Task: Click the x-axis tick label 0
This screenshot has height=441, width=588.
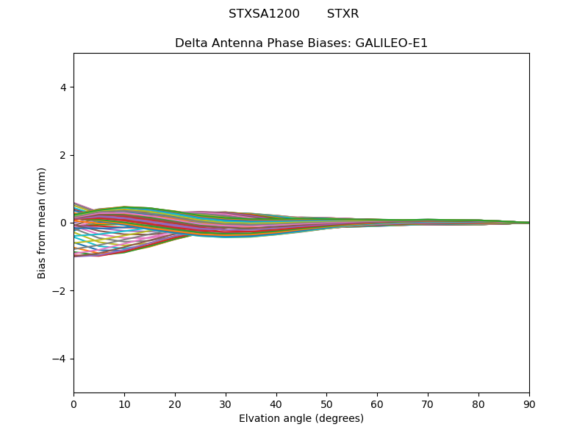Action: pos(73,404)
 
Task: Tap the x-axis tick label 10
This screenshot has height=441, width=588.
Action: pos(124,404)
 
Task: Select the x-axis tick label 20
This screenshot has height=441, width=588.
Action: pos(175,404)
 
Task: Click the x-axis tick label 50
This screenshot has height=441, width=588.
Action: pos(326,404)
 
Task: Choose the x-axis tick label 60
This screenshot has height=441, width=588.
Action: pos(377,404)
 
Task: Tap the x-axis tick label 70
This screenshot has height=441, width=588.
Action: pos(428,404)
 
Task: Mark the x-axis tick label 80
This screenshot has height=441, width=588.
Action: pos(478,404)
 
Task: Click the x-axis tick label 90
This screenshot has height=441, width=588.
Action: pos(529,404)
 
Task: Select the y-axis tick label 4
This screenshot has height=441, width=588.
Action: pos(63,87)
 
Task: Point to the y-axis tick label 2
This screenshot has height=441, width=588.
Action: pos(63,155)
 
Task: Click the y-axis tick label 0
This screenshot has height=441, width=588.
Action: pos(63,223)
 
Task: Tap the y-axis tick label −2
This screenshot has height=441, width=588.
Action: pos(60,291)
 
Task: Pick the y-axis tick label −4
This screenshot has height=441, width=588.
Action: pos(60,359)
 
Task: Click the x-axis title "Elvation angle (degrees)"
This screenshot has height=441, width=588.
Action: pos(301,419)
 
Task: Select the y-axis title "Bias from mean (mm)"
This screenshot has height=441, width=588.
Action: pos(42,223)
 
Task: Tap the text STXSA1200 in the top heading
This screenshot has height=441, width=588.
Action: pos(264,14)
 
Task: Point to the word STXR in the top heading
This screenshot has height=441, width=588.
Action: pos(343,14)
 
